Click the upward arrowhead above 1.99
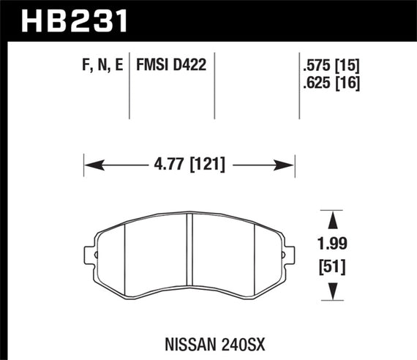334,217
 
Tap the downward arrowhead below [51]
334,292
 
